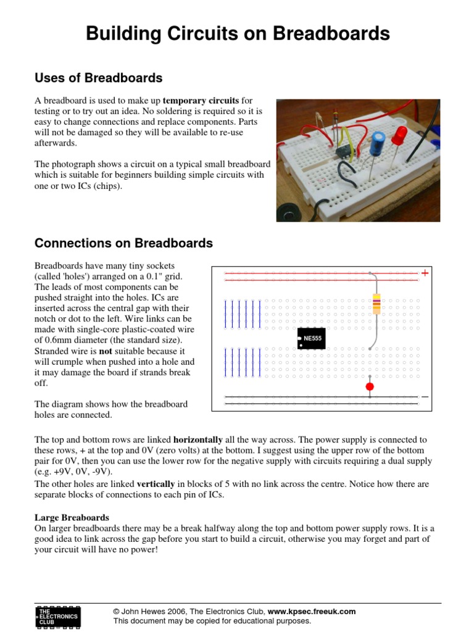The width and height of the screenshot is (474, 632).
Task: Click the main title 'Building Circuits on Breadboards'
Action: click(238, 33)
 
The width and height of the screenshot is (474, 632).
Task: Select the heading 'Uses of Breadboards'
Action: click(99, 78)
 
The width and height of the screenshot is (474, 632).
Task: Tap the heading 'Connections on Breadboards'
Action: click(123, 243)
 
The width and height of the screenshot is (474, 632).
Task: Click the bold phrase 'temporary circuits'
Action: click(201, 100)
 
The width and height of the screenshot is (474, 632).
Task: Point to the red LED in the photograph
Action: click(399, 135)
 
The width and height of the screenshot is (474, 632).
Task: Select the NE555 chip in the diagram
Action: click(312, 339)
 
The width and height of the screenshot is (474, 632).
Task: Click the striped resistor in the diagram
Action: click(376, 304)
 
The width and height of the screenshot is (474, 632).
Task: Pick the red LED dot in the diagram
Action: click(370, 387)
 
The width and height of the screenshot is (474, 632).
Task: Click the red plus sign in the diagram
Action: click(425, 273)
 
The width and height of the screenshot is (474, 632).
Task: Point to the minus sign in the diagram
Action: click(425, 397)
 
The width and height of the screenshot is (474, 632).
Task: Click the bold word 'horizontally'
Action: click(197, 440)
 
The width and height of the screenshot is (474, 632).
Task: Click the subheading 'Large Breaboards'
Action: click(72, 517)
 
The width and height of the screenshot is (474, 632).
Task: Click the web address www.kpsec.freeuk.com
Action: click(312, 611)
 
